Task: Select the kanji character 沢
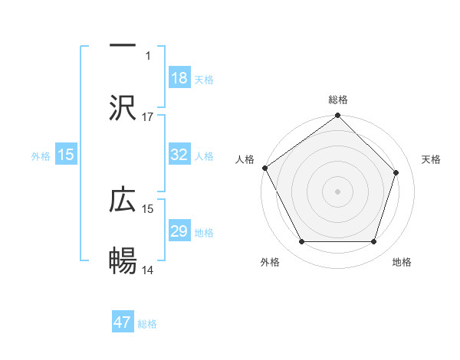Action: coord(123,108)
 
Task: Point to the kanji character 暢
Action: coord(123,261)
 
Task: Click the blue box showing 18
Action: coord(179,78)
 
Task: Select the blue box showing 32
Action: coord(179,155)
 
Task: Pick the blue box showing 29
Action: coord(179,231)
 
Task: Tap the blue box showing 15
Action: coord(66,155)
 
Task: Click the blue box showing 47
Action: coord(123,322)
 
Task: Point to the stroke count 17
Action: coord(148,117)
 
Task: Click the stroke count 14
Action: coord(148,270)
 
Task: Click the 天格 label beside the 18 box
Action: coord(204,79)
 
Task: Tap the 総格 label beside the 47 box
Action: coord(147,323)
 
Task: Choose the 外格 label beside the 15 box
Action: coord(41,155)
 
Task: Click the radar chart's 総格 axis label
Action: coord(338,100)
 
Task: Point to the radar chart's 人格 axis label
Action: coord(245,159)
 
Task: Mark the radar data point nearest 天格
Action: coord(396,172)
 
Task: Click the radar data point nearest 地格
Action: coord(374,242)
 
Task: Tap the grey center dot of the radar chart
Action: coord(338,191)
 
